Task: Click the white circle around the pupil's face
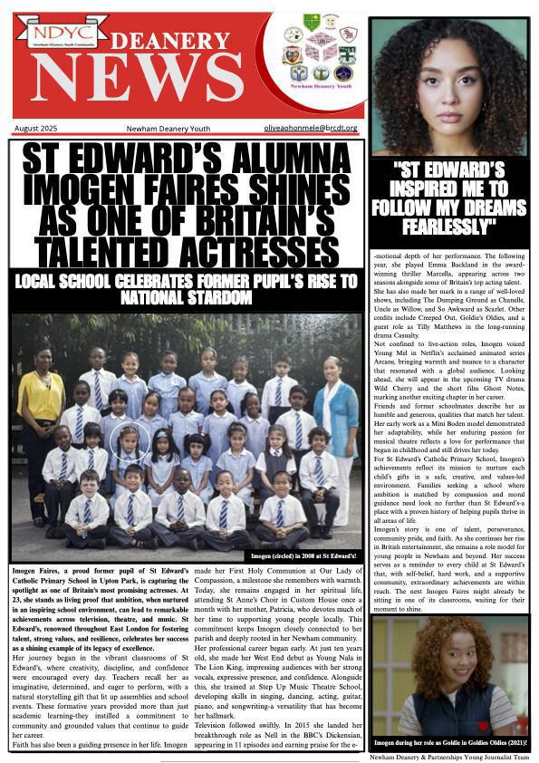pyautogui.click(x=126, y=441)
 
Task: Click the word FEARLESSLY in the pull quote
pyautogui.click(x=448, y=228)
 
